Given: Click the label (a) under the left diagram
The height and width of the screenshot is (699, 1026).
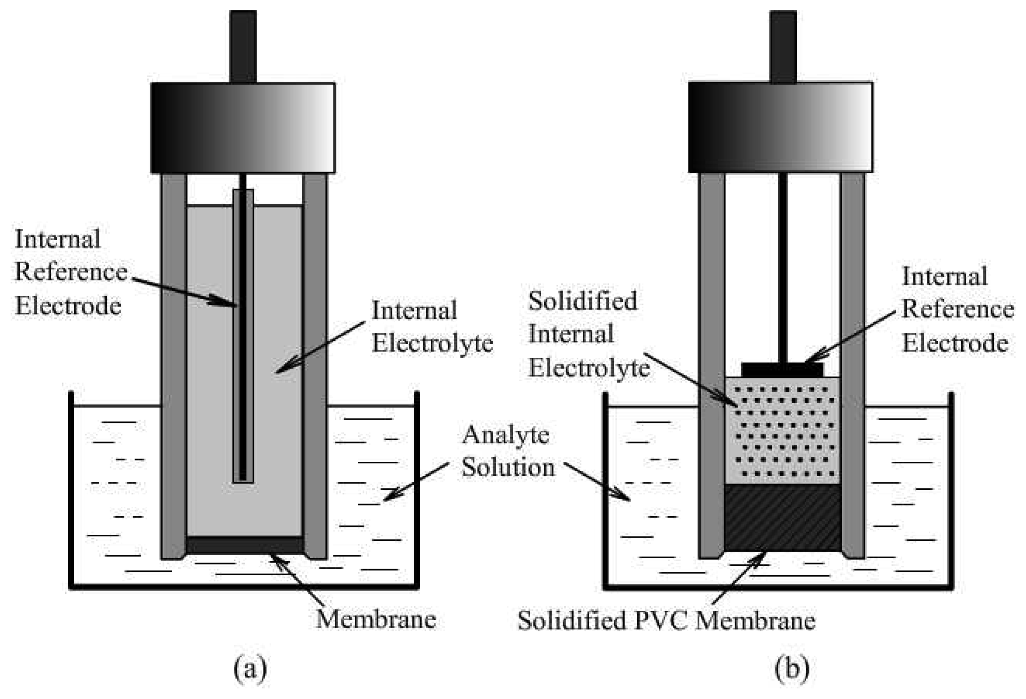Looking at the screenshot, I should pos(250,669).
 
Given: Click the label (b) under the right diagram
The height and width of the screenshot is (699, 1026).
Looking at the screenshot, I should pos(792,669).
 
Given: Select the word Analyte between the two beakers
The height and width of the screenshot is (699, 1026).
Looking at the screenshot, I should pos(505,435).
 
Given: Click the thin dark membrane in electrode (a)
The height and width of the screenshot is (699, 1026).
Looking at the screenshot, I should pos(244,545).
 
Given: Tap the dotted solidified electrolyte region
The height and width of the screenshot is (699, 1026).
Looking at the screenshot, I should pos(782,431).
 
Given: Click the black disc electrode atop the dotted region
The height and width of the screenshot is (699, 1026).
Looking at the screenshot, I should pos(782,369).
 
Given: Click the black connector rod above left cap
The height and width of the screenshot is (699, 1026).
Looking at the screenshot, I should pos(243,46).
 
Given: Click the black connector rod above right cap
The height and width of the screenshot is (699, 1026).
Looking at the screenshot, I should pos(783,46).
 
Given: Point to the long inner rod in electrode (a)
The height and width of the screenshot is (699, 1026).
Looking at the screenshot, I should pos(243,336).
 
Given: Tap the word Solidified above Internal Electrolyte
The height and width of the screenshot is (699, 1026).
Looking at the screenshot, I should pos(583,301).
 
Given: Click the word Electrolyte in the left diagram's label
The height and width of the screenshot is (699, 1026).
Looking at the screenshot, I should pos(432,343).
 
